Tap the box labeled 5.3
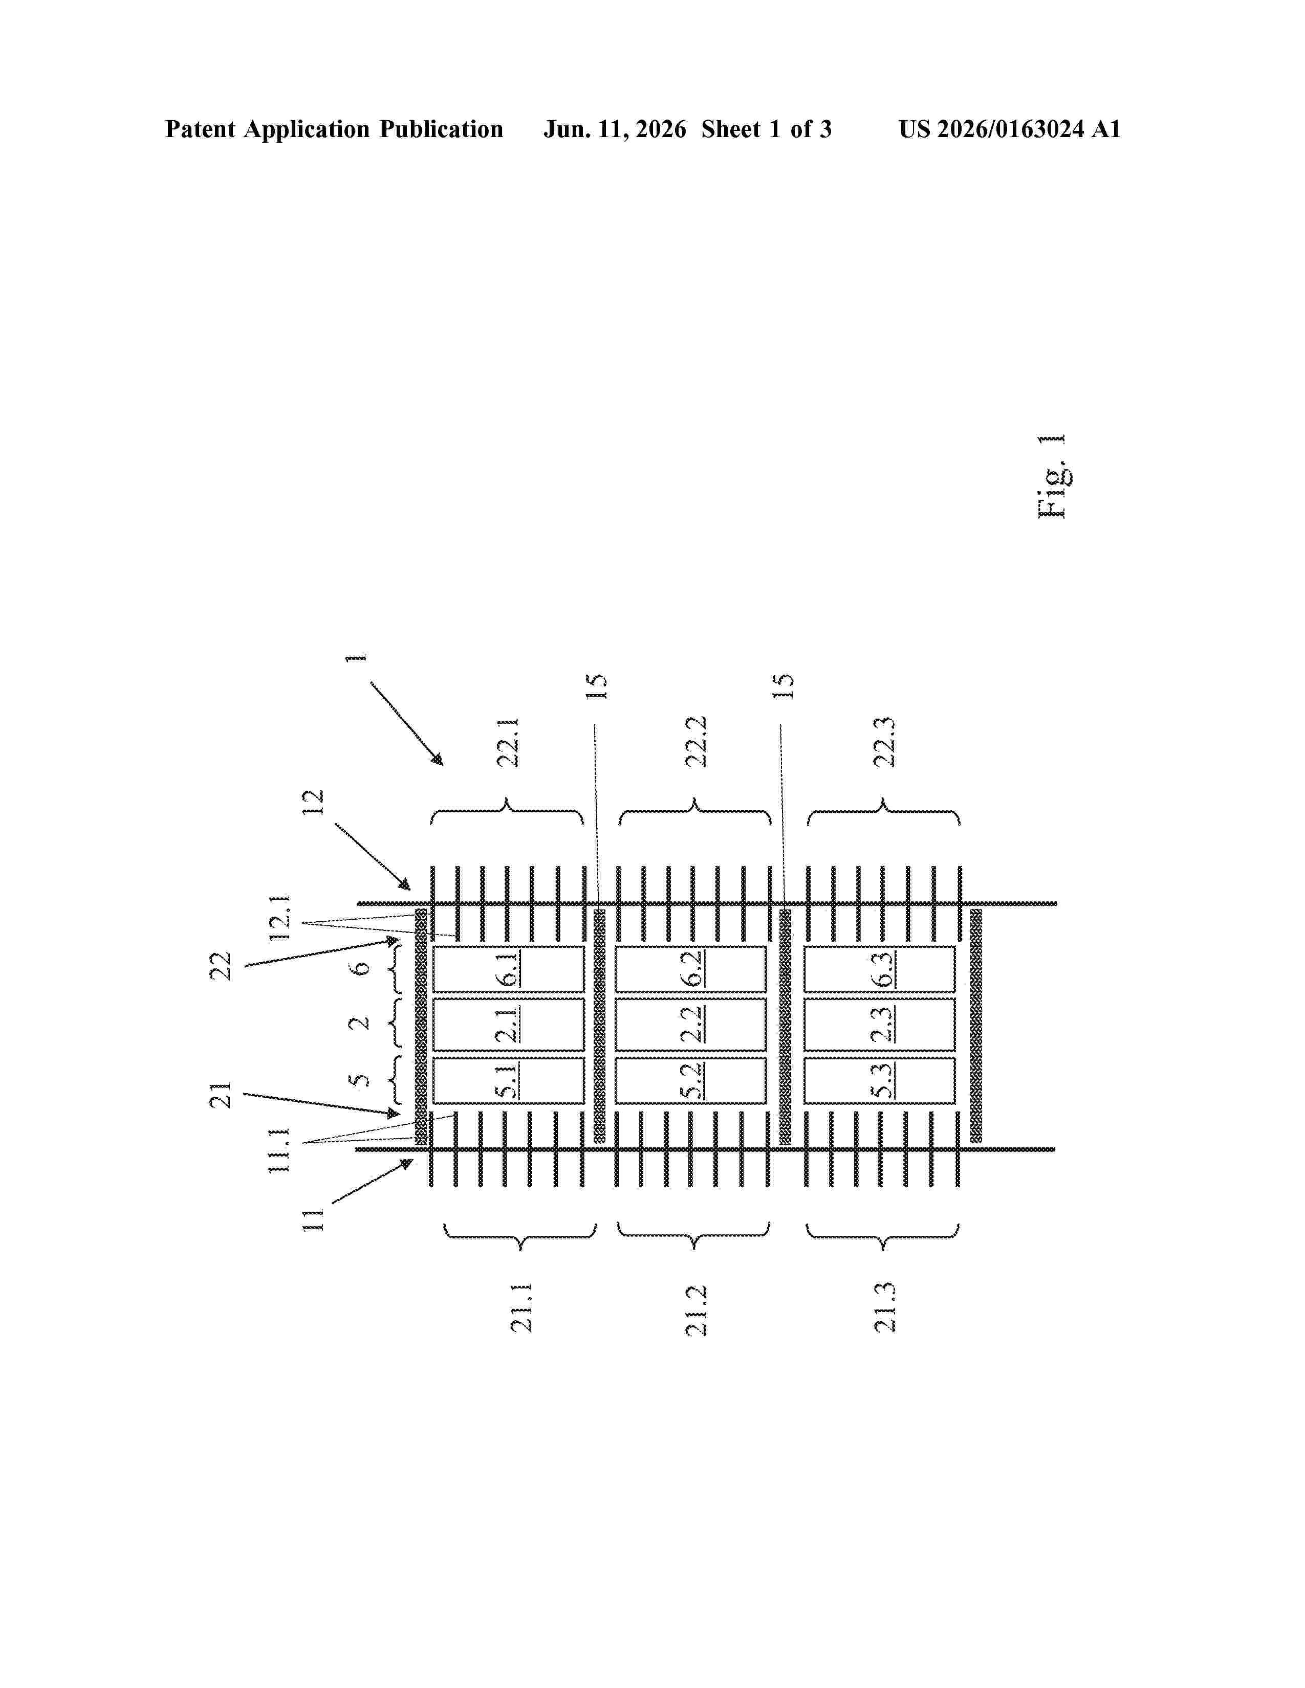tap(880, 1080)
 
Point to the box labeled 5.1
tap(508, 1080)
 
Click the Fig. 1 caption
tap(1052, 476)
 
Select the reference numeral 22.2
tap(697, 741)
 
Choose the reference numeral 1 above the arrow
tap(356, 658)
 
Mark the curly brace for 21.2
tap(693, 1235)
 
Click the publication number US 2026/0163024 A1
tap(1010, 129)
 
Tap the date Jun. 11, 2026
tap(615, 129)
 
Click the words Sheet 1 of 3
tap(766, 129)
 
